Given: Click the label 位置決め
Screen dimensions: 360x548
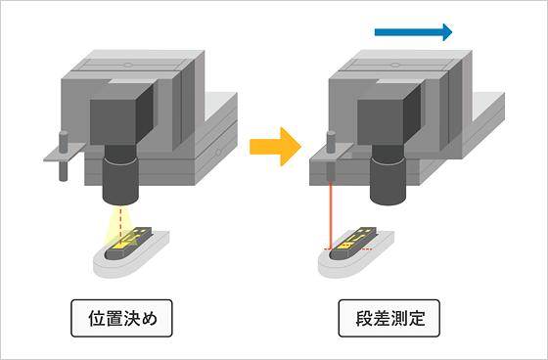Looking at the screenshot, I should point(121,318).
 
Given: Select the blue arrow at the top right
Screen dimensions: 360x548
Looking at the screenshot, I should point(413,32).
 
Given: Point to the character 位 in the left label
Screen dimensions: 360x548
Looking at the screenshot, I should point(92,318).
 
